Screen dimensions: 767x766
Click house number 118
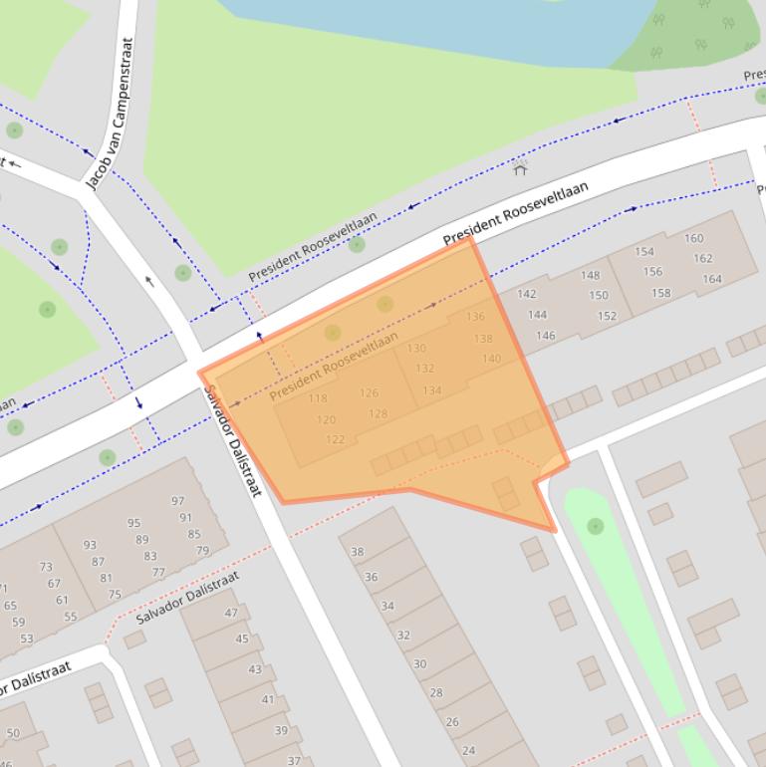(x=318, y=398)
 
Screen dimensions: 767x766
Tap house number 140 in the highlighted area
(x=491, y=359)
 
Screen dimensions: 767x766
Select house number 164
(x=712, y=279)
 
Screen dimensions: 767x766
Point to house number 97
(x=178, y=501)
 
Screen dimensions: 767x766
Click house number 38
(x=358, y=552)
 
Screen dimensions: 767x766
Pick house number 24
(x=468, y=750)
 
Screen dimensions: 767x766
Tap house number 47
(x=231, y=613)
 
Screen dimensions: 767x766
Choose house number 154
(x=644, y=252)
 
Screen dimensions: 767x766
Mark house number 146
(x=546, y=336)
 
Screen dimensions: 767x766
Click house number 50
(x=13, y=734)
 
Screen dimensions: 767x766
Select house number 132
(x=424, y=369)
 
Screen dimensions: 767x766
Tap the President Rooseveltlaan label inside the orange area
(x=334, y=366)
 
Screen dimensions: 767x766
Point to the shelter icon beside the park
(x=520, y=168)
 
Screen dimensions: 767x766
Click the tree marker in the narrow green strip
(x=596, y=525)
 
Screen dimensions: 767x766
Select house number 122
(x=335, y=439)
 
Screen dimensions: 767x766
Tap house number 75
(x=115, y=595)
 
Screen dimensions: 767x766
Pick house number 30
(x=419, y=663)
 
